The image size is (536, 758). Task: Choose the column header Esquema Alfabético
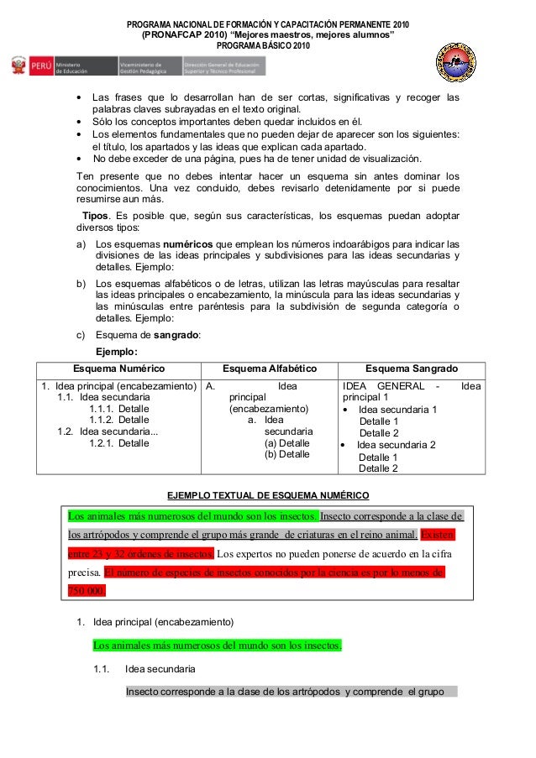(269, 369)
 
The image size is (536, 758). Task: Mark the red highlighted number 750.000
(86, 590)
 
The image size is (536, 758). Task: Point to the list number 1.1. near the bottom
(102, 669)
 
